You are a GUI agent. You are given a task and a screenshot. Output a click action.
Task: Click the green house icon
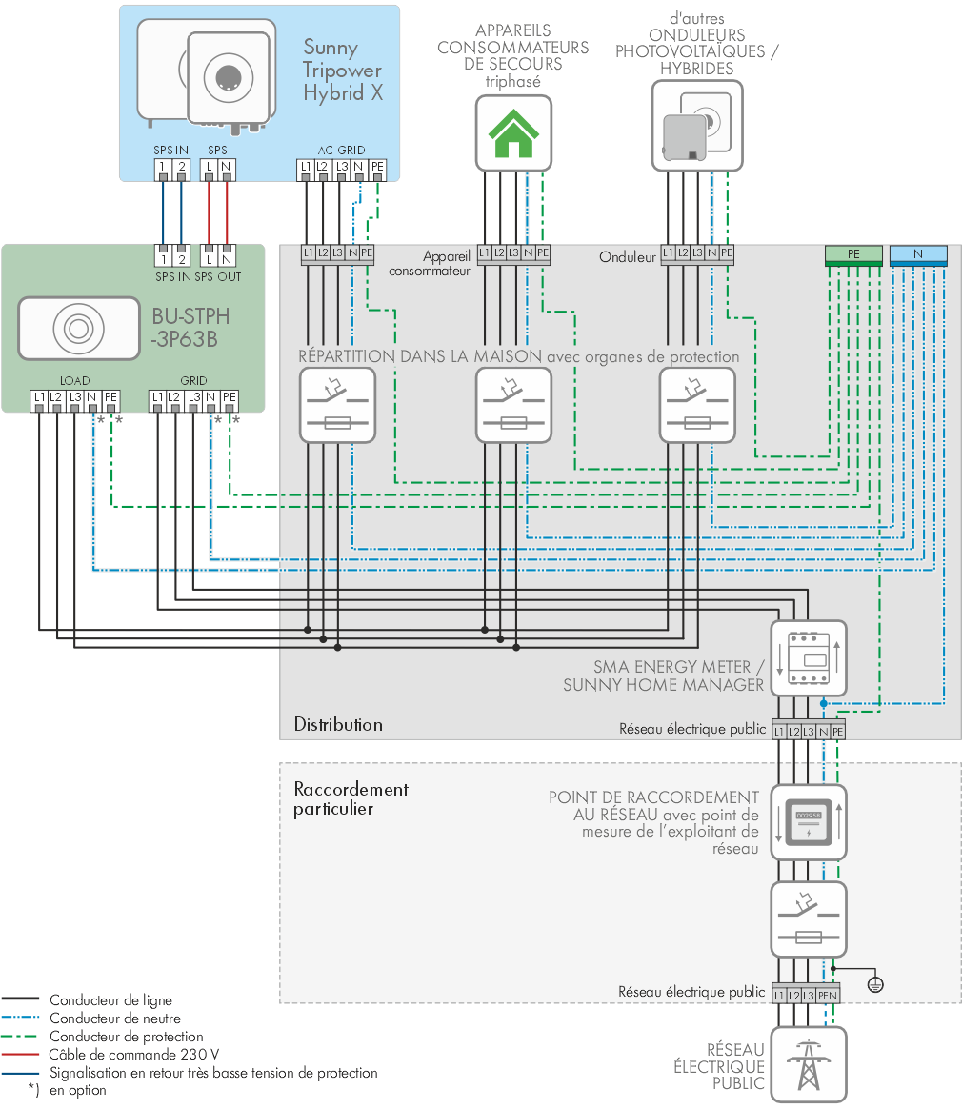pos(513,133)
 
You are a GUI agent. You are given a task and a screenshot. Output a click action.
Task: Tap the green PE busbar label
pos(853,254)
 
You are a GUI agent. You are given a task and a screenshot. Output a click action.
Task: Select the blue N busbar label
pos(918,254)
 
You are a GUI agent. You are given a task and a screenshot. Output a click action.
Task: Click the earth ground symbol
pos(875,984)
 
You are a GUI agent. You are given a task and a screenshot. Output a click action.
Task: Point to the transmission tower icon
pos(809,1064)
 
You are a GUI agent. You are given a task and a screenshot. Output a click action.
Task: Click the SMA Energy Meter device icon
pos(809,658)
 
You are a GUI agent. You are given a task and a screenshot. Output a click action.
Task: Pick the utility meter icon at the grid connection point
pos(809,822)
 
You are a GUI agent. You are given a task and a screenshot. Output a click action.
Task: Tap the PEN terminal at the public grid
pos(828,996)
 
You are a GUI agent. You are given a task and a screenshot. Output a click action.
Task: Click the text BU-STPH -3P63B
pos(190,328)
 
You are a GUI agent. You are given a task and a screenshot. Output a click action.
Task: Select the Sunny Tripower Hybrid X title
pos(343,71)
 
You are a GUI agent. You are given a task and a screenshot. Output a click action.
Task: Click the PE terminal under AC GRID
pos(377,168)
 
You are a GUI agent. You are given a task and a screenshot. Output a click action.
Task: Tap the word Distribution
pos(338,725)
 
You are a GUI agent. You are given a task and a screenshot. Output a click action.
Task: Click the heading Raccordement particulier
pos(351,798)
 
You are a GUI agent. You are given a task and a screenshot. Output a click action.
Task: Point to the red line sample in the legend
pos(20,1055)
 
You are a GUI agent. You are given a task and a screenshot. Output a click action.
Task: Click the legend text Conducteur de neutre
pos(114,1019)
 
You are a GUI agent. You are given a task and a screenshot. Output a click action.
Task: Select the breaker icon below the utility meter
pos(809,919)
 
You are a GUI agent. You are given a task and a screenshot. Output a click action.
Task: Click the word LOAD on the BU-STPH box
pos(74,381)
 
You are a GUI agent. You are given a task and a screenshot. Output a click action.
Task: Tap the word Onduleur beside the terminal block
pos(627,257)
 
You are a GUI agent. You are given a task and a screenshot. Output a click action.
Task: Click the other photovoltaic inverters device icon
pos(697,126)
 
